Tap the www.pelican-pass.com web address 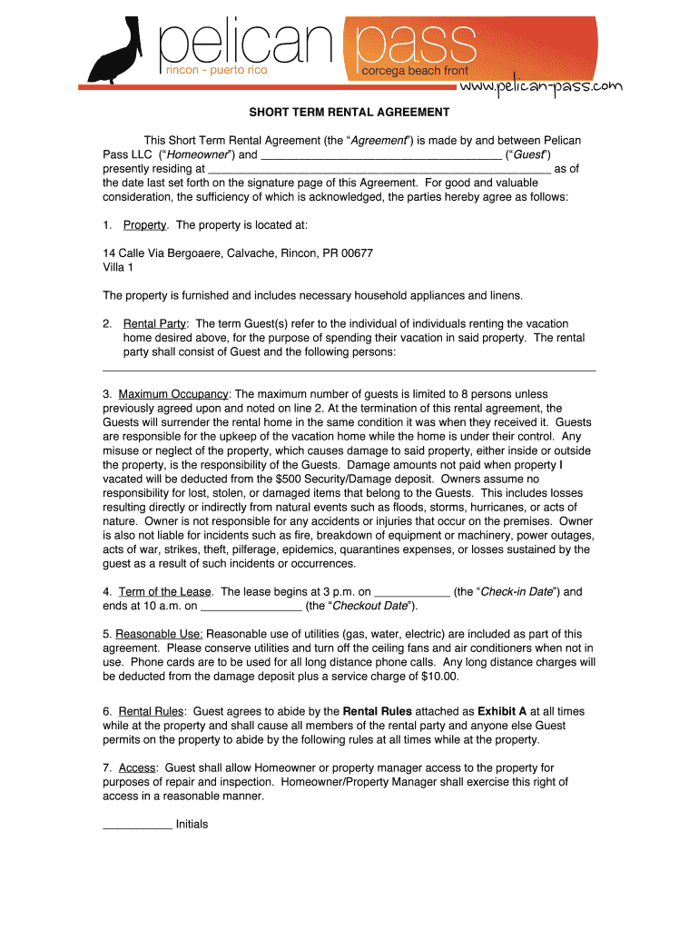tap(541, 87)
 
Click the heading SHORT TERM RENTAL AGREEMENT tap(349, 113)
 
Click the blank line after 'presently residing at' tap(379, 169)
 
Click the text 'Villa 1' tap(118, 267)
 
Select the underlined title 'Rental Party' tap(154, 323)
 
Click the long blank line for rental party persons tap(349, 369)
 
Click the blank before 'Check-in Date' tap(411, 592)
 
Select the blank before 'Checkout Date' tap(250, 606)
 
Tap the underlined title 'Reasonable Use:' tap(160, 634)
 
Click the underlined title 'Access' tap(138, 768)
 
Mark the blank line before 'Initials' tap(137, 826)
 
